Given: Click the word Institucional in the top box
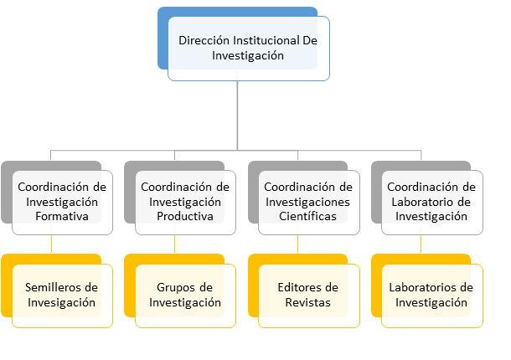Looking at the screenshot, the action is pyautogui.click(x=266, y=40).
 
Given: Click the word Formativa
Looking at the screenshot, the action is pyautogui.click(x=62, y=216).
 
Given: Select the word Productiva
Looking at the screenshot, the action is pyautogui.click(x=185, y=216).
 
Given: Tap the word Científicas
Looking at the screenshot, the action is pyautogui.click(x=307, y=216).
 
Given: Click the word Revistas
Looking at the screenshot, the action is pyautogui.click(x=308, y=302).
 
